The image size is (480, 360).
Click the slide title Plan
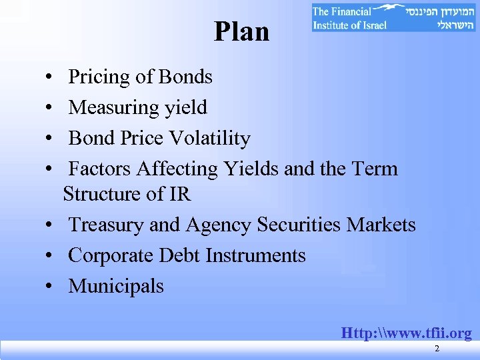pyautogui.click(x=241, y=31)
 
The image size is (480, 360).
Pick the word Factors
pyautogui.click(x=100, y=169)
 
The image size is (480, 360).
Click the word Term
pyautogui.click(x=376, y=169)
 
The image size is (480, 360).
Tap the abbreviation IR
pyautogui.click(x=180, y=195)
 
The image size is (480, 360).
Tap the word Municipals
pyautogui.click(x=116, y=287)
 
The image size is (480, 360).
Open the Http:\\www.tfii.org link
pyautogui.click(x=406, y=332)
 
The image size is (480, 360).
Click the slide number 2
pyautogui.click(x=437, y=349)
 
